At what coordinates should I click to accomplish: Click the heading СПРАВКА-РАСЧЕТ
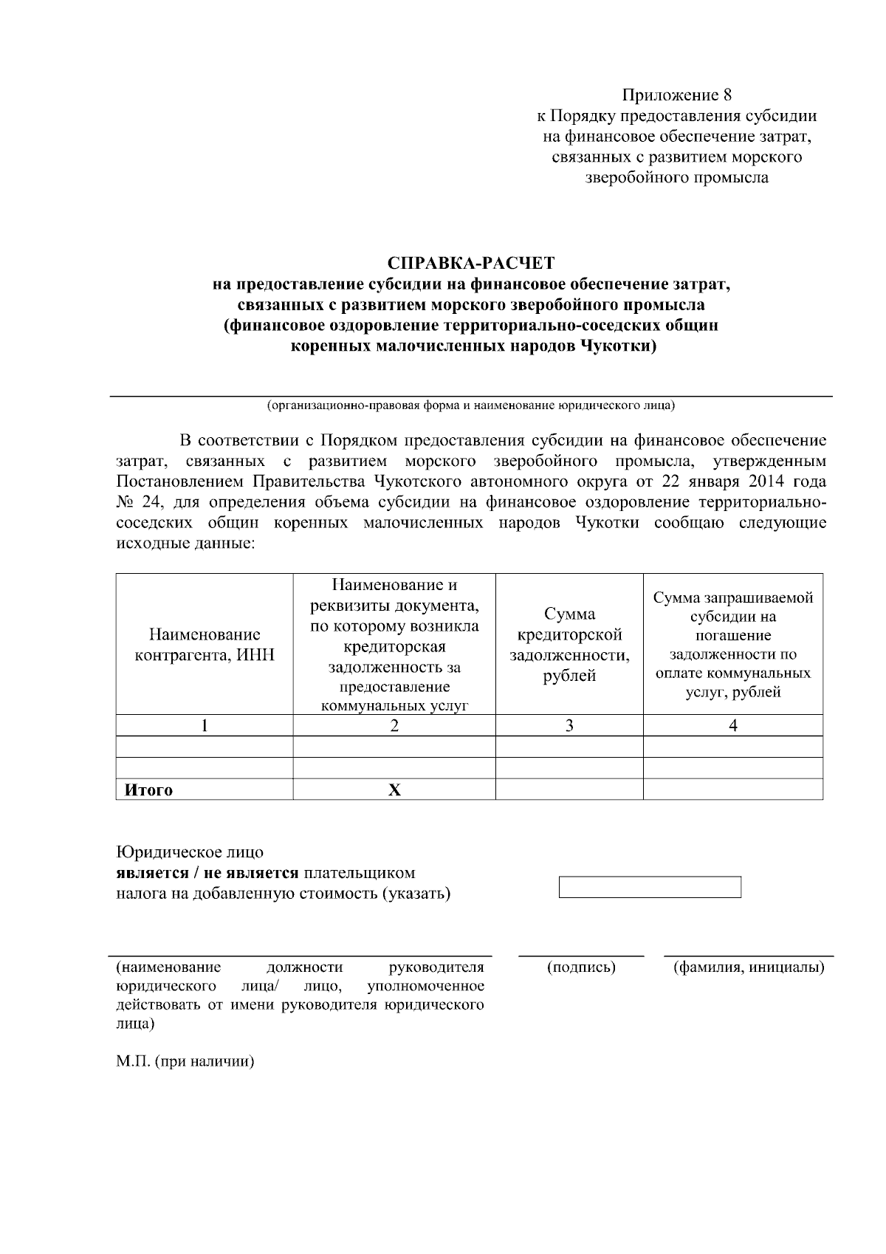[471, 263]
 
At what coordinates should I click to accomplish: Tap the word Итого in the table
[148, 790]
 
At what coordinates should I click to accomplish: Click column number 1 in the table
[205, 726]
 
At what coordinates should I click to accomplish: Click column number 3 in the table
[569, 726]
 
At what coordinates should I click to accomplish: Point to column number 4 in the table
[733, 726]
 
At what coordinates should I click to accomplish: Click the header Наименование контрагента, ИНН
[205, 645]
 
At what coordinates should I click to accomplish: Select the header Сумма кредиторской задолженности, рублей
[569, 645]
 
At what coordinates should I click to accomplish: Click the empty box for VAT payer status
[650, 887]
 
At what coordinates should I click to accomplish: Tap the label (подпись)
[581, 967]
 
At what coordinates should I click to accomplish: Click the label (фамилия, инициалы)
[749, 967]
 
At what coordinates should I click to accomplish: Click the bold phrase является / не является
[207, 874]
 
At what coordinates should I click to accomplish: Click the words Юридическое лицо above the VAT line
[190, 853]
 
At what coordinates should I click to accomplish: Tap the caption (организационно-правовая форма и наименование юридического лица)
[471, 405]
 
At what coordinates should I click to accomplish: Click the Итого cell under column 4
[733, 790]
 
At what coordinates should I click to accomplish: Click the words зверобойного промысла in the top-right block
[676, 178]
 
